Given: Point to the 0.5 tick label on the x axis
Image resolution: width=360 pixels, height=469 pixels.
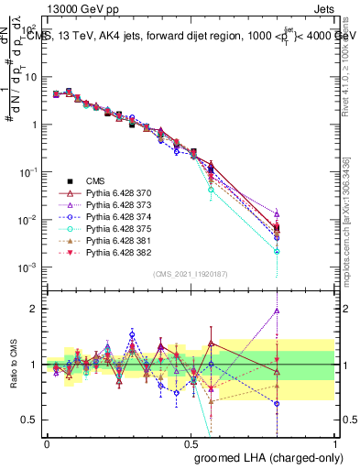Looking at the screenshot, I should (191, 442).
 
